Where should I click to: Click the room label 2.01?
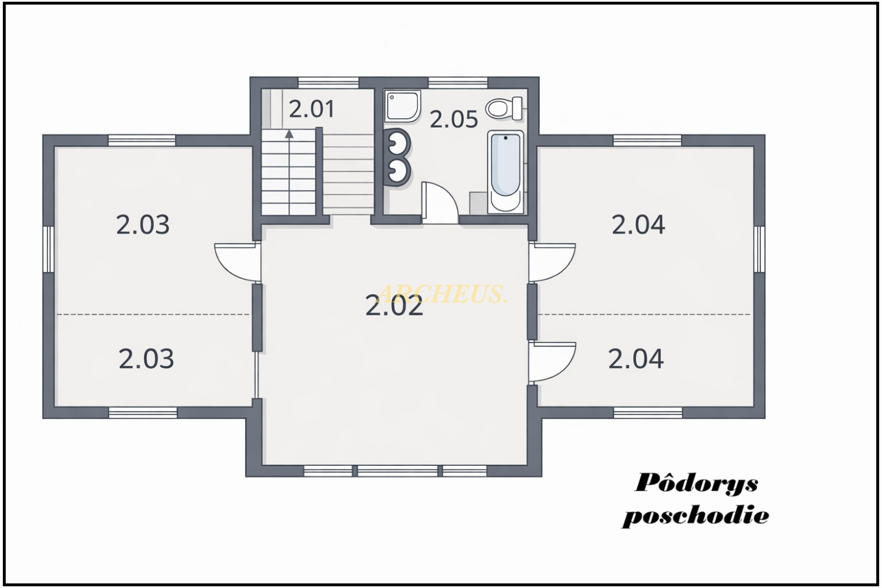312,109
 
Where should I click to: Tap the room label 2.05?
453,119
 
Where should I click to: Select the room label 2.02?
394,306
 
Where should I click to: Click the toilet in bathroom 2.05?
504,108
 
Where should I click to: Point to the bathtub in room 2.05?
506,172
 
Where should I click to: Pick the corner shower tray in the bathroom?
402,106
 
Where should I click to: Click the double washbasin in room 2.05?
397,156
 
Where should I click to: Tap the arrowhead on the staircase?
289,134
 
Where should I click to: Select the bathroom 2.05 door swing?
439,203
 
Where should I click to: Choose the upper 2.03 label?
142,225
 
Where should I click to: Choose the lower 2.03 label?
146,359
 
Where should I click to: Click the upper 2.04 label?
638,225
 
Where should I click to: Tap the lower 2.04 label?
636,359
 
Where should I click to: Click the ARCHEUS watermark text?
442,293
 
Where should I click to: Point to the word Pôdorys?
696,483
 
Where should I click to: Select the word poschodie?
696,515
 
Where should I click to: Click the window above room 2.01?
328,83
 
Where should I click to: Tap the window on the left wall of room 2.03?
48,249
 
